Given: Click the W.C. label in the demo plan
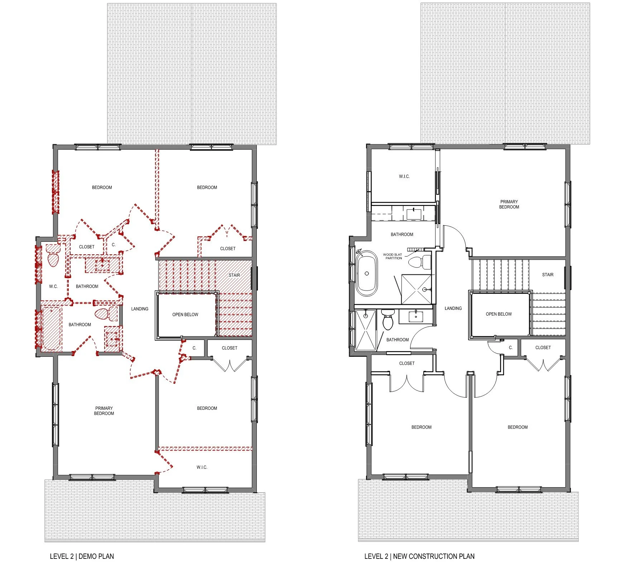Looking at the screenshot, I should point(53,286).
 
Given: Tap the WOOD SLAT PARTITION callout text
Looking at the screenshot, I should point(393,256).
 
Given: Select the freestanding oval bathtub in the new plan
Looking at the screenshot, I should point(367,273).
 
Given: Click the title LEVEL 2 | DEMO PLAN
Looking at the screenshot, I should point(82,556).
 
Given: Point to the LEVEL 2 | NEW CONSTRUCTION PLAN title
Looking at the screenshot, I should point(419,556).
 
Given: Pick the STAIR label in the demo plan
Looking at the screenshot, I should point(234,275).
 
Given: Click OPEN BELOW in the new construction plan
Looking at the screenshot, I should point(499,314).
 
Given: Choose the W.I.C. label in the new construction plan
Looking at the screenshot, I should point(404,177).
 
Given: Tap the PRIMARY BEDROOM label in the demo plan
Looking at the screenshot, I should point(104,411).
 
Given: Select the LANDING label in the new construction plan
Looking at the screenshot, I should point(453,308).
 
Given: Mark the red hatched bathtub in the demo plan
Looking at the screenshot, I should point(52,329).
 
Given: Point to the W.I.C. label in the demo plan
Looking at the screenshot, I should point(202,467).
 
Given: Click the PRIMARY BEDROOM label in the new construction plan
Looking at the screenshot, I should point(509,204).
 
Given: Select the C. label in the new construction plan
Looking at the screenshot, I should point(511,347).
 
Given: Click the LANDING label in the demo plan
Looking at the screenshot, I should point(140,309).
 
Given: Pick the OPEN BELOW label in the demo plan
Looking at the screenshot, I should point(185,315).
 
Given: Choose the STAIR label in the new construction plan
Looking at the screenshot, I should point(548,275).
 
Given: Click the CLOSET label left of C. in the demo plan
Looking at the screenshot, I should point(87,247).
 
